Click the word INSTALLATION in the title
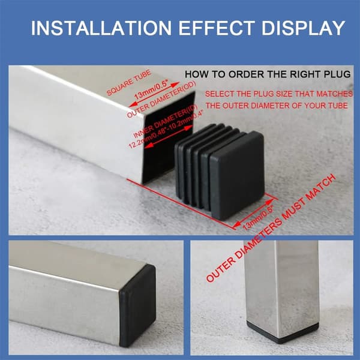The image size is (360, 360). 101,28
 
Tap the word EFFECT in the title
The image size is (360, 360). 217,28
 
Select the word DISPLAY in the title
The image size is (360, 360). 303,28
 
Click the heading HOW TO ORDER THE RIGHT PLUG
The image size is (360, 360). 268,74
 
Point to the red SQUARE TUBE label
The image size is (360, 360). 129,83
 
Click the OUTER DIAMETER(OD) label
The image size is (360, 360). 161,100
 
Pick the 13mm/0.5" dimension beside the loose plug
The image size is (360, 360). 258,218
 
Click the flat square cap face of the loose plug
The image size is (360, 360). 237,175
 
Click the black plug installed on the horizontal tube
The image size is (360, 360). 138,305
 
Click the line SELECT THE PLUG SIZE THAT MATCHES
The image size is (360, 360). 279,94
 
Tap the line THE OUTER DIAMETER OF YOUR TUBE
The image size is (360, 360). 277,106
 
